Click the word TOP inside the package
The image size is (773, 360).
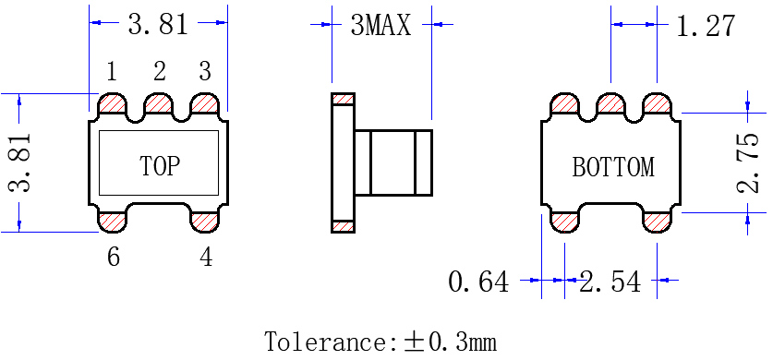159,166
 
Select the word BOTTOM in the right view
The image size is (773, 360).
613,167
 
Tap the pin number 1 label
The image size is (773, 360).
112,72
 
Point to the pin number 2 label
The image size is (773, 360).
159,72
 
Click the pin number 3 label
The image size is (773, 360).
205,72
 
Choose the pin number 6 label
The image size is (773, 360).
114,257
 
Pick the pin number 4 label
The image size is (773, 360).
206,257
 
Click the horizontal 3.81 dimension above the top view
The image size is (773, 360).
158,24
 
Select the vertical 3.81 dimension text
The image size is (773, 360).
20,162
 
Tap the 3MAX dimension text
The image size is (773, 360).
380,25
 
